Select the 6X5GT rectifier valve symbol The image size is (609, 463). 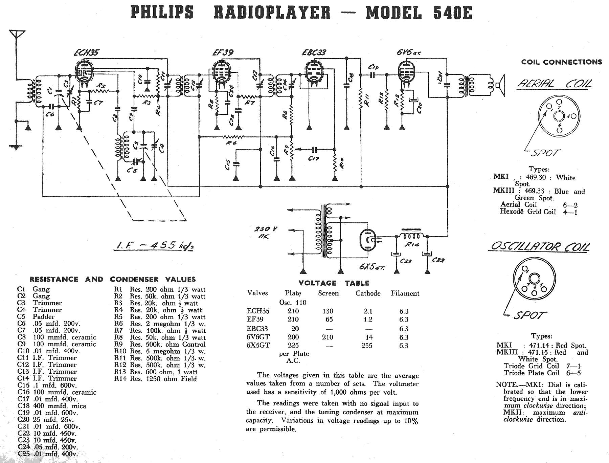click(367, 240)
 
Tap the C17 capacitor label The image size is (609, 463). click(314, 158)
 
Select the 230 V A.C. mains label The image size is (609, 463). click(266, 233)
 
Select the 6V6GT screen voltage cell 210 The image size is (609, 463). click(328, 337)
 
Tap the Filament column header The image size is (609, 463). click(405, 293)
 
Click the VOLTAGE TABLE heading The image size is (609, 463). click(334, 283)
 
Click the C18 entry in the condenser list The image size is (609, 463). click(52, 406)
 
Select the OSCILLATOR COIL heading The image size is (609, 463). click(538, 246)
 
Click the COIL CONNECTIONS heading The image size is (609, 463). click(561, 62)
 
